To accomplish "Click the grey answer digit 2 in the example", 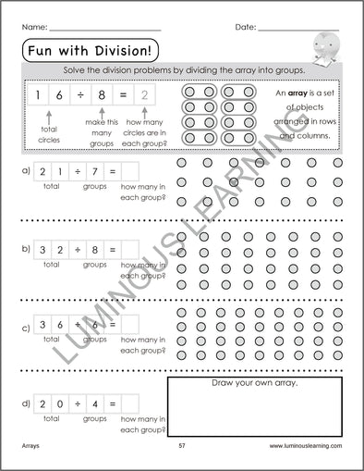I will [x=142, y=93].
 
